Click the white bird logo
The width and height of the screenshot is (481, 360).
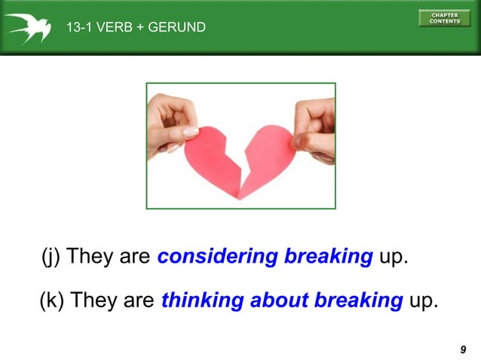tap(29, 27)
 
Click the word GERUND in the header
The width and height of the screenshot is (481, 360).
tap(178, 28)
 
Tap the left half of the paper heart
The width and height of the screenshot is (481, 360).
tap(208, 160)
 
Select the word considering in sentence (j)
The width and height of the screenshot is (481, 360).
tap(217, 256)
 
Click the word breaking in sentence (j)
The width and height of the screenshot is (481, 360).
tap(328, 256)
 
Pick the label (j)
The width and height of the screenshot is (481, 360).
tap(50, 257)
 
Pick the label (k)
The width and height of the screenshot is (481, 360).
tap(51, 301)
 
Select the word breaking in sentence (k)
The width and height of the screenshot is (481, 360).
tap(358, 301)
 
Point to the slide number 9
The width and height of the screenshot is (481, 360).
tap(462, 349)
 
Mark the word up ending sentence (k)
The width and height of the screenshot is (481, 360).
tap(422, 301)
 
